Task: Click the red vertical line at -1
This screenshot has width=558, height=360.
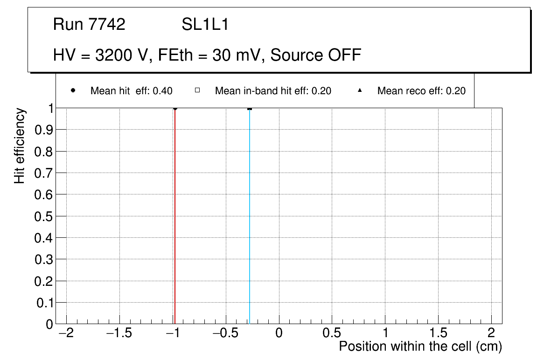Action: click(x=174, y=215)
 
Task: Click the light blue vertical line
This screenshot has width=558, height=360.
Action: click(x=250, y=215)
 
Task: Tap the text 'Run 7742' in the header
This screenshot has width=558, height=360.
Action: click(x=89, y=25)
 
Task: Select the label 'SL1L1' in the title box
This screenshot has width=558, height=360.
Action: click(x=205, y=25)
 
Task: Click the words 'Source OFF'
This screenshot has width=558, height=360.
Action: click(x=316, y=55)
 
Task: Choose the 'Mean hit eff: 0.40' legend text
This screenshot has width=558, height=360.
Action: click(x=131, y=91)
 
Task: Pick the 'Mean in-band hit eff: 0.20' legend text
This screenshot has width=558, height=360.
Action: click(x=273, y=91)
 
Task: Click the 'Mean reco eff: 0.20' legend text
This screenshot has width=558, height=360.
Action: click(x=421, y=91)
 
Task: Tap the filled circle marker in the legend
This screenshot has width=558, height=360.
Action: click(x=73, y=90)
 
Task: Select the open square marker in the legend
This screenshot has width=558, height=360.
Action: click(x=197, y=90)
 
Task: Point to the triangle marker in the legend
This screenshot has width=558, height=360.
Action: click(x=360, y=90)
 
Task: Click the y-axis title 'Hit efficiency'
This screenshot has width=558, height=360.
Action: click(x=20, y=145)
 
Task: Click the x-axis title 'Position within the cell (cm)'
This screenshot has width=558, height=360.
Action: click(x=420, y=347)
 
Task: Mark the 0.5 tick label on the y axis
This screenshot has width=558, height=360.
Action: click(x=43, y=216)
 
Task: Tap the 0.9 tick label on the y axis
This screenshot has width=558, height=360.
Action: click(x=43, y=130)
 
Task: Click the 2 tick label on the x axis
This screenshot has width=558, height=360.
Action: click(x=491, y=333)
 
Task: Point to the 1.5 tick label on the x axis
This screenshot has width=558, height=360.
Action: click(x=438, y=333)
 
